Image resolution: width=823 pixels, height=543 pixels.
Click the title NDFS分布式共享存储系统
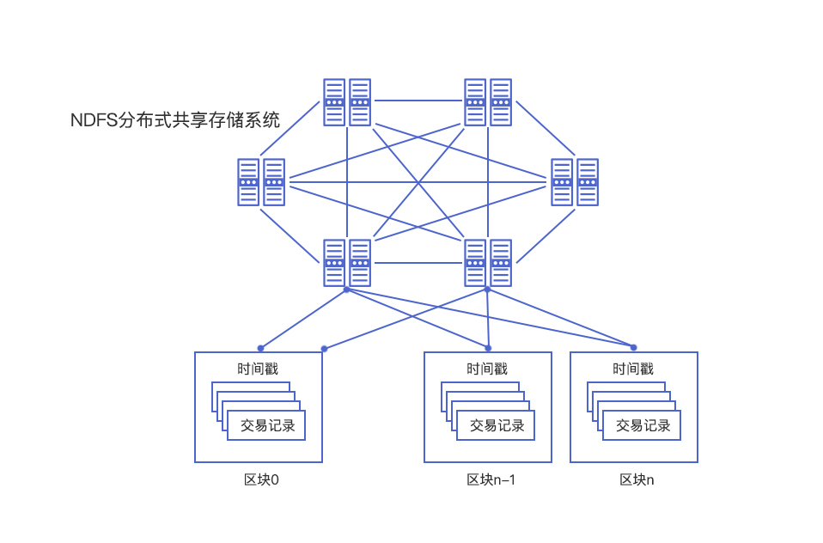click(175, 120)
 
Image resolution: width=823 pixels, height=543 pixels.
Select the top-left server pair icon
click(347, 102)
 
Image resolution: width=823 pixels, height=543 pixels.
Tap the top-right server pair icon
click(488, 102)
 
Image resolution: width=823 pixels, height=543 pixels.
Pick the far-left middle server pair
click(261, 182)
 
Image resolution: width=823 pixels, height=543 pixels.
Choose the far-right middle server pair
click(575, 182)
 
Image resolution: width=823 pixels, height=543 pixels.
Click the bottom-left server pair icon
click(347, 263)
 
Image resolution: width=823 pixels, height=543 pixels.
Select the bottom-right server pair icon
click(488, 263)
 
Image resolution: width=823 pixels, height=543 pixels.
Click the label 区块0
click(261, 479)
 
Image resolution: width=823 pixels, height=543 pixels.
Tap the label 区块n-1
click(491, 479)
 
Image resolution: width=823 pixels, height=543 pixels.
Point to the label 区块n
click(637, 479)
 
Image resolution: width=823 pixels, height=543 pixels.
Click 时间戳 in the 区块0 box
click(258, 369)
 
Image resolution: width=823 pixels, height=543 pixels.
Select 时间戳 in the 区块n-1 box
click(487, 369)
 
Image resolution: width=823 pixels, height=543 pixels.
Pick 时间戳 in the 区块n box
click(633, 369)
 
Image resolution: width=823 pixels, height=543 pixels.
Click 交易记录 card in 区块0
click(266, 425)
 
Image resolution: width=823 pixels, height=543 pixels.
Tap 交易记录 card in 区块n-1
click(496, 425)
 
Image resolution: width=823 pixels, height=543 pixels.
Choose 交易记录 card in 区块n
click(642, 425)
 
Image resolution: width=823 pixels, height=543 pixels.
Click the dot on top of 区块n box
click(633, 347)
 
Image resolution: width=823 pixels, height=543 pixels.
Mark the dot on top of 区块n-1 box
click(488, 348)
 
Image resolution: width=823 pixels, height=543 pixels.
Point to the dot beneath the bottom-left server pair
click(346, 290)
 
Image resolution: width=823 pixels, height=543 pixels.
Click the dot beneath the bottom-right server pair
click(487, 290)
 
